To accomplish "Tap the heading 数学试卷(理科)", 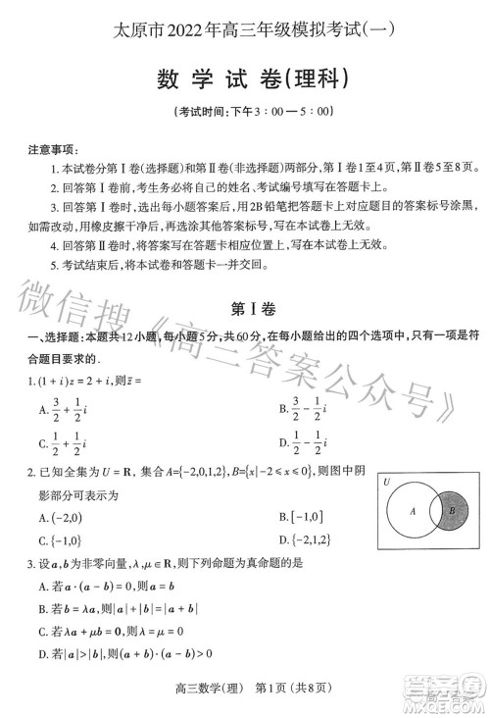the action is (245, 77).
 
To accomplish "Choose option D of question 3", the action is (124, 654).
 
